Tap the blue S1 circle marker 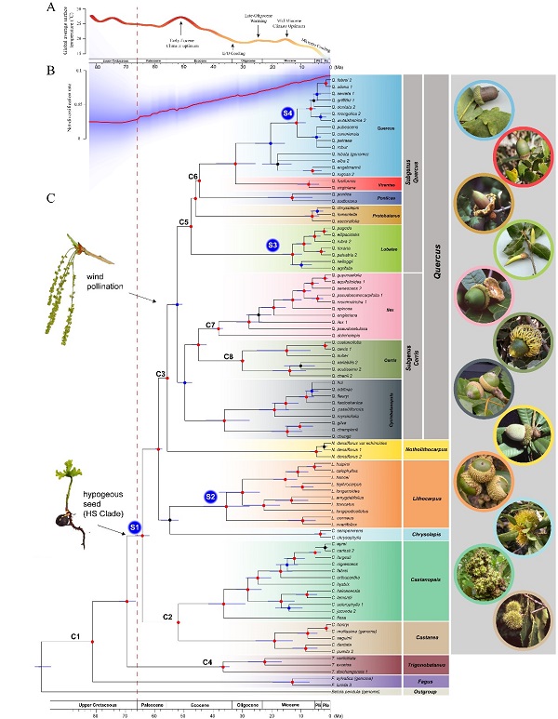click(135, 528)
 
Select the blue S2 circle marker click(211, 497)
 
